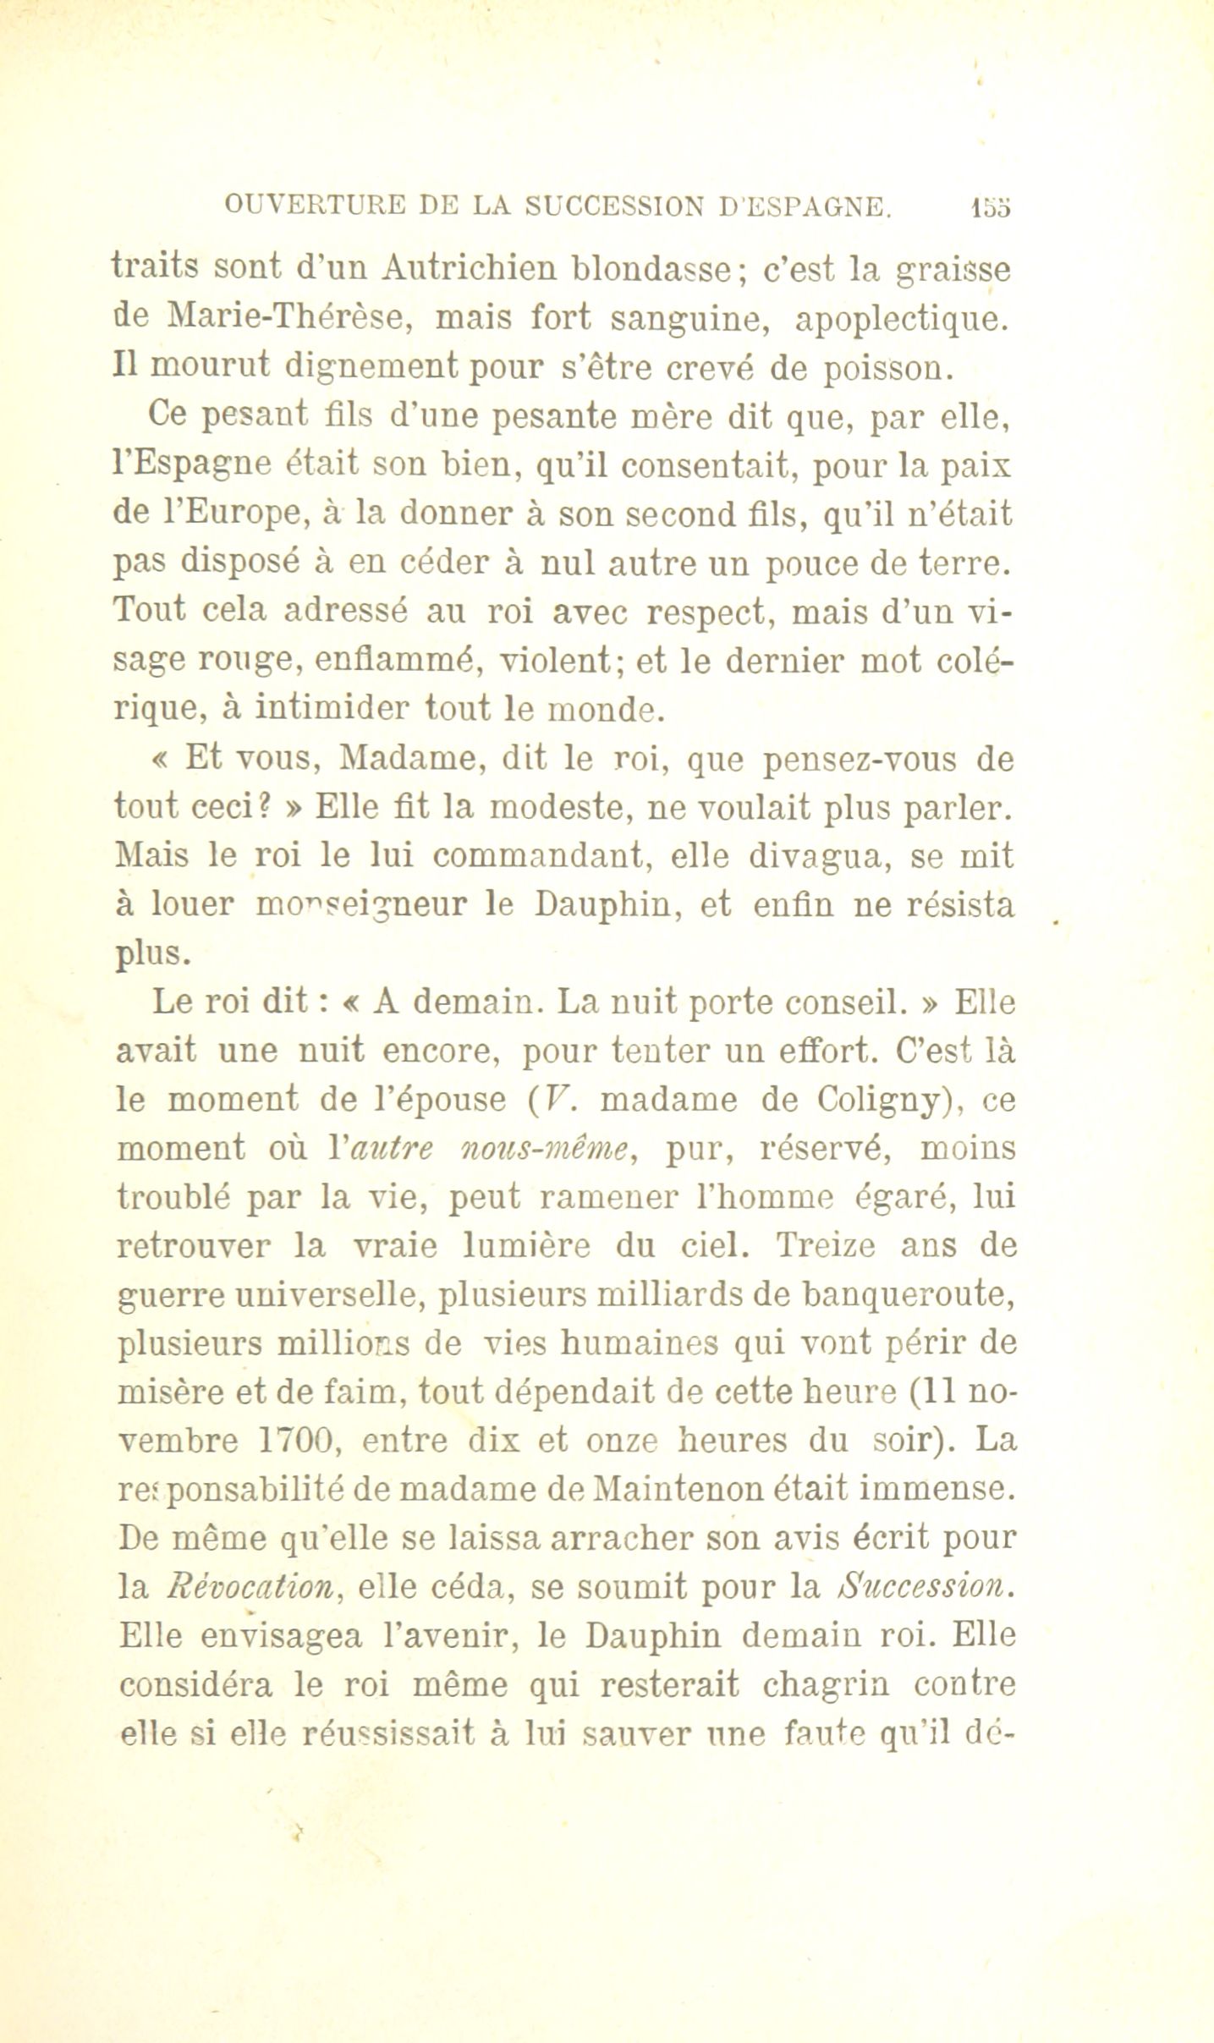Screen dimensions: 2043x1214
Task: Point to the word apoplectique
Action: tap(904, 319)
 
